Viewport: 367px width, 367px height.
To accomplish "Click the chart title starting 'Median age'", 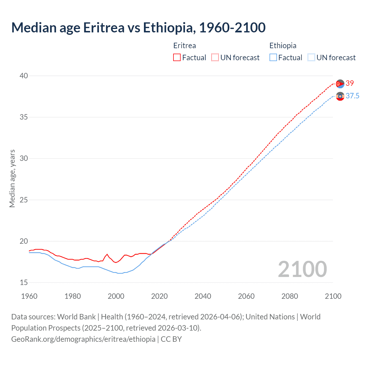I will coord(138,28).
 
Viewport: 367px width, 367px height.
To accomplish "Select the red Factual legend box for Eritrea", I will coord(177,58).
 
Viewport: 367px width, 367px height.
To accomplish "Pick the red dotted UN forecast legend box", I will coord(215,58).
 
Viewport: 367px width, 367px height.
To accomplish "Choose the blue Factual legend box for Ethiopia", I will coord(273,58).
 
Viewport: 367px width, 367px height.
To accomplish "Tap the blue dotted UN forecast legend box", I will coord(311,58).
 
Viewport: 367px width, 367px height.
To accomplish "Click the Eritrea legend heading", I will coord(185,46).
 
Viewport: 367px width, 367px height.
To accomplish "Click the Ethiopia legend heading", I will coord(283,46).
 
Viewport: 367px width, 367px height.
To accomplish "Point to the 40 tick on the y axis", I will coord(24,76).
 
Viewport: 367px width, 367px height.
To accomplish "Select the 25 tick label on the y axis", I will coord(24,200).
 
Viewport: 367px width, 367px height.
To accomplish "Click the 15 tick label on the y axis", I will coord(24,283).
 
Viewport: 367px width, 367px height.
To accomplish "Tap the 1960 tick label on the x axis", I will coord(29,296).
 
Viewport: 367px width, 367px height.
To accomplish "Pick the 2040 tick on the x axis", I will coord(203,296).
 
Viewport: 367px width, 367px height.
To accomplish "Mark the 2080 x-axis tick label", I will coord(290,296).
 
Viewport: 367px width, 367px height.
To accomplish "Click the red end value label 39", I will coord(350,83).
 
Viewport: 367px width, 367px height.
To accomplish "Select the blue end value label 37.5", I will coord(352,96).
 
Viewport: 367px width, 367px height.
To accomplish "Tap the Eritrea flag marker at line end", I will coord(340,84).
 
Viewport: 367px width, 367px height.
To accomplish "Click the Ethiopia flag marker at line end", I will coord(340,97).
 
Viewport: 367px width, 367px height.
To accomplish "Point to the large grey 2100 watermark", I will coord(302,269).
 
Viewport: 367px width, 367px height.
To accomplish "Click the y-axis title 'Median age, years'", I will coord(12,178).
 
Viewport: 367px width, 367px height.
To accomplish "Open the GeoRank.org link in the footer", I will coord(83,339).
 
